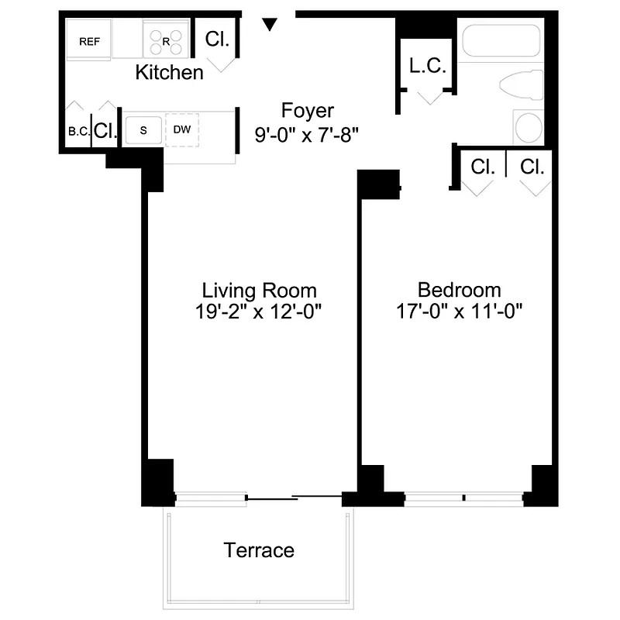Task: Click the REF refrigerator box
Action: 89,41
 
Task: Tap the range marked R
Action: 166,41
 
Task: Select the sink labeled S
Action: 143,129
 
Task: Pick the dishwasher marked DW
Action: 182,129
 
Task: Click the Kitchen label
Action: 170,73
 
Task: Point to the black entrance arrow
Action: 269,25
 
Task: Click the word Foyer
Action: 308,110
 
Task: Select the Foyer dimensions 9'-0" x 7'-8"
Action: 307,133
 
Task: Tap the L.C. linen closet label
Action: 428,67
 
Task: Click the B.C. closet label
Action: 78,132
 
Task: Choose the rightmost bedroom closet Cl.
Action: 532,167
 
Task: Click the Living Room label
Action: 260,291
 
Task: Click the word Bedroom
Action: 460,291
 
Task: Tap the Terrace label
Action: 259,550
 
